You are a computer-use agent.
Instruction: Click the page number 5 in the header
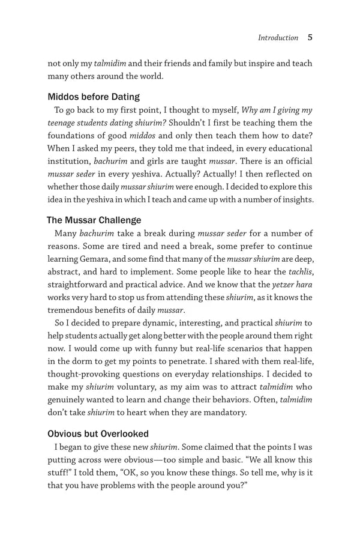coord(310,37)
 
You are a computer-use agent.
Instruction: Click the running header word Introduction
coord(278,38)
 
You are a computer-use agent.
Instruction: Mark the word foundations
coord(74,135)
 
